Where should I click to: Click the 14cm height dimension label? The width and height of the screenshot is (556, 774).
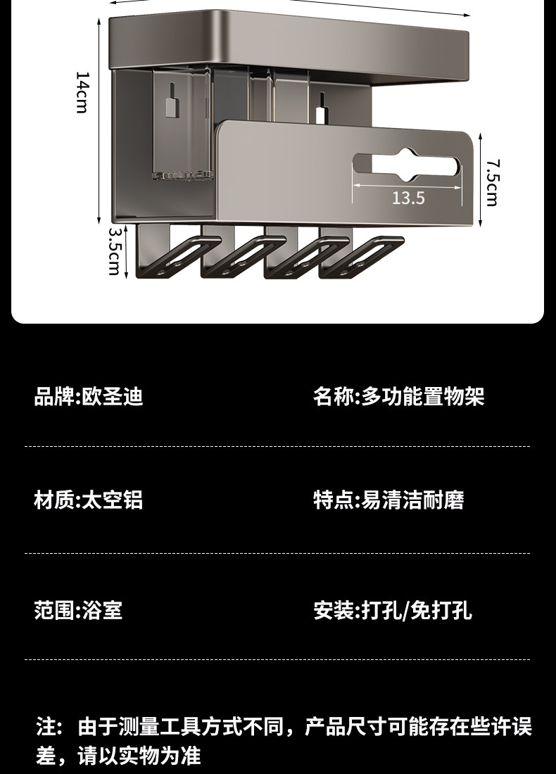tap(82, 92)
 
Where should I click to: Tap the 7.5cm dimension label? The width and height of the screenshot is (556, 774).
tap(492, 182)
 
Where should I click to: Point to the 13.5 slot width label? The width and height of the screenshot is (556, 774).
tap(408, 198)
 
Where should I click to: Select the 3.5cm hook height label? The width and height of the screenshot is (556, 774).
tap(114, 250)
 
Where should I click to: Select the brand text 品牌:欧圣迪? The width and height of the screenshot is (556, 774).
tap(89, 397)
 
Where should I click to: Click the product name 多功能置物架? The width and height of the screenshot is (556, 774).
tap(423, 397)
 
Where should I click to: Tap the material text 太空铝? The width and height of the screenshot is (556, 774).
tap(113, 500)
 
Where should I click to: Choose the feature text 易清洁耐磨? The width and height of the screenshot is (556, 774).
tap(412, 500)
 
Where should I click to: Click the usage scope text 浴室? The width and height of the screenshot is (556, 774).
tap(103, 610)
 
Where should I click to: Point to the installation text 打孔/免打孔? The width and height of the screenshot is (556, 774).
tap(417, 610)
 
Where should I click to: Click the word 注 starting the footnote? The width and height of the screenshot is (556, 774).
tap(44, 726)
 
